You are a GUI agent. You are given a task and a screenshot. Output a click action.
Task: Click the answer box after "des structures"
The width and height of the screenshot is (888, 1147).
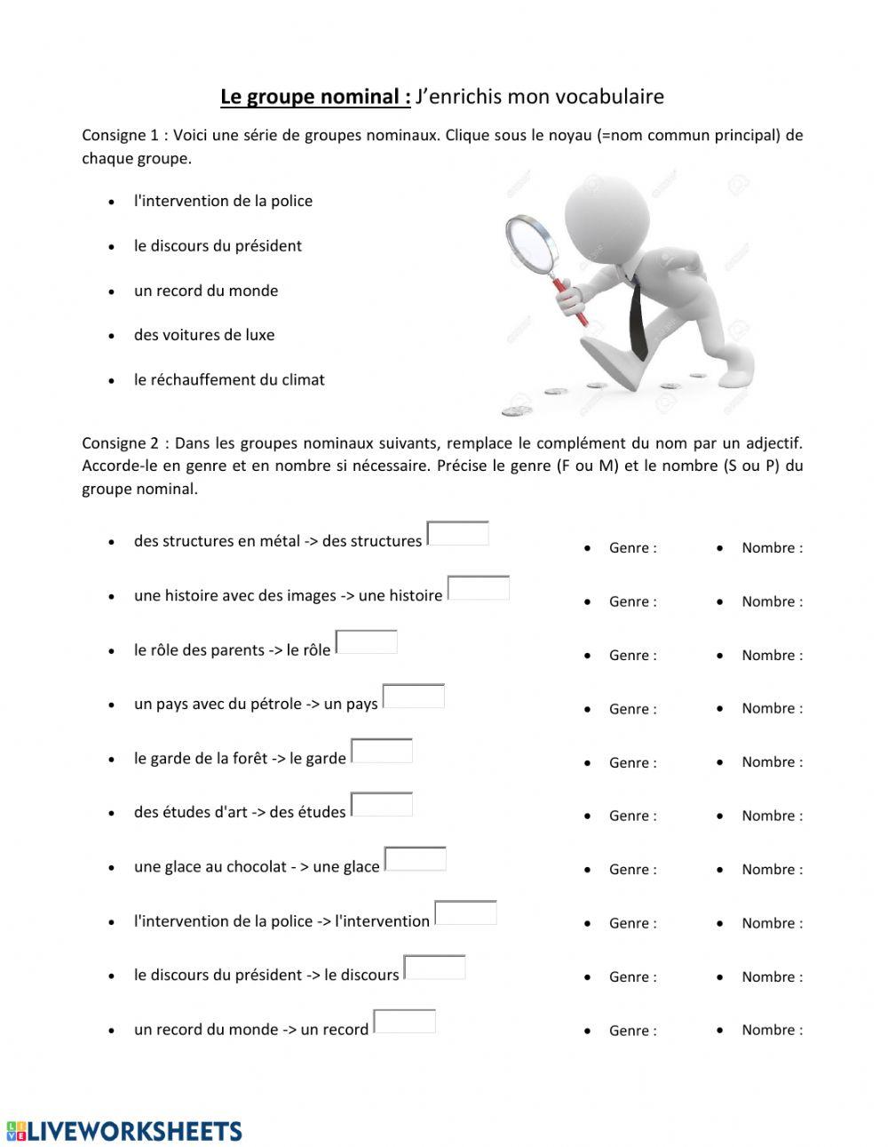click(458, 533)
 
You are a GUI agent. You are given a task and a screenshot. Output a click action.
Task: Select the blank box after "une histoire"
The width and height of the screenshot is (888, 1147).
click(479, 588)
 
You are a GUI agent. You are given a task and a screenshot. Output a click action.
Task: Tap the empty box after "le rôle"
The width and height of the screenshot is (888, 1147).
click(367, 642)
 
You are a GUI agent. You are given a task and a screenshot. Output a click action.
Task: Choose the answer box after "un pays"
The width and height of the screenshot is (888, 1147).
click(414, 697)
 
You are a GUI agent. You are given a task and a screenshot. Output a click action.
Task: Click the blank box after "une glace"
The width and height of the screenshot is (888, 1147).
click(416, 859)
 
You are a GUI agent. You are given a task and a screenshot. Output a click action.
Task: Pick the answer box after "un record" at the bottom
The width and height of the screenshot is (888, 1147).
click(405, 1022)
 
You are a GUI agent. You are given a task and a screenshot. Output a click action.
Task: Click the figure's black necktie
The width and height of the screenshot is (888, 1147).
click(638, 320)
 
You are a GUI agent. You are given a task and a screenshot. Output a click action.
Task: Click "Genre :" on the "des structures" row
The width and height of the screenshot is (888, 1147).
click(632, 548)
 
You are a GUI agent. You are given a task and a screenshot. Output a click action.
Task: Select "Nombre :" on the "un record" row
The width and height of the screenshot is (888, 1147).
click(772, 1030)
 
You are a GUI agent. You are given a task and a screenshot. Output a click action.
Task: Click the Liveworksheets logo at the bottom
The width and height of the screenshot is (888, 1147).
click(124, 1130)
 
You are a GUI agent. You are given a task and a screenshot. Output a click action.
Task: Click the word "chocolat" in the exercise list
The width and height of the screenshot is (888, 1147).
click(256, 866)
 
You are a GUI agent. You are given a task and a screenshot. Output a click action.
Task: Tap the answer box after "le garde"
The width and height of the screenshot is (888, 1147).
click(382, 751)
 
